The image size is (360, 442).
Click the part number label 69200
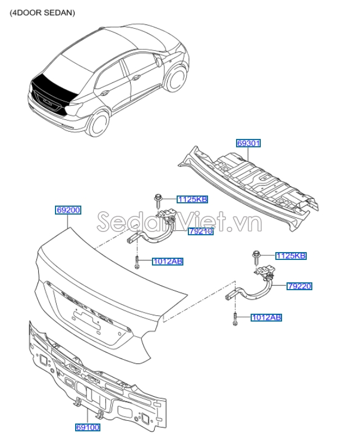(x=68, y=211)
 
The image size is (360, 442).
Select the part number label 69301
(x=248, y=143)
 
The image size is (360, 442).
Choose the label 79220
(x=299, y=286)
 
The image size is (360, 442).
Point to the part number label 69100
(x=87, y=427)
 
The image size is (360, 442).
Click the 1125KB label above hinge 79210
(x=192, y=199)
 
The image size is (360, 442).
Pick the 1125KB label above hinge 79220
(x=291, y=256)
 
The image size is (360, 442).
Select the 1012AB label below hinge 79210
(x=167, y=261)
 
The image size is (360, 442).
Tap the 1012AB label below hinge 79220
(x=266, y=318)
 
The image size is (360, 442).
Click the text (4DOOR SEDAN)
(x=42, y=12)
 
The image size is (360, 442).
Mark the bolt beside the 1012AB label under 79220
(x=236, y=318)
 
